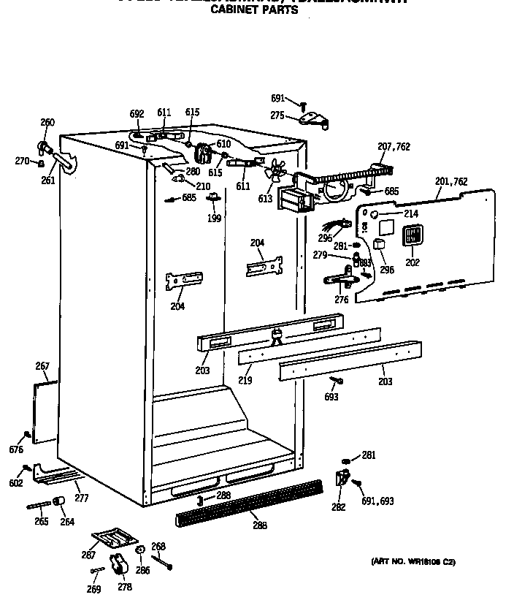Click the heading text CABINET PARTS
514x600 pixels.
tap(254, 11)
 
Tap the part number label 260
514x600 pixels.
tap(47, 123)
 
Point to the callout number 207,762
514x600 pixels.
tap(394, 147)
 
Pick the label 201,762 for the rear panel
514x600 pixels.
tap(450, 182)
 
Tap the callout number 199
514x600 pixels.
tap(214, 218)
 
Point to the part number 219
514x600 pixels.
tap(245, 381)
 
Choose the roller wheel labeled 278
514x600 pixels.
tap(118, 564)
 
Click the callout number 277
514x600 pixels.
tap(82, 498)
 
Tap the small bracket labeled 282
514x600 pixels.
tap(341, 479)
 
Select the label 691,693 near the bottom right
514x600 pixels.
tap(378, 501)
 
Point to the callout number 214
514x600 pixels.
tap(411, 214)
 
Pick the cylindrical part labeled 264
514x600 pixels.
tap(58, 501)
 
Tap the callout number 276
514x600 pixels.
tap(341, 299)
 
